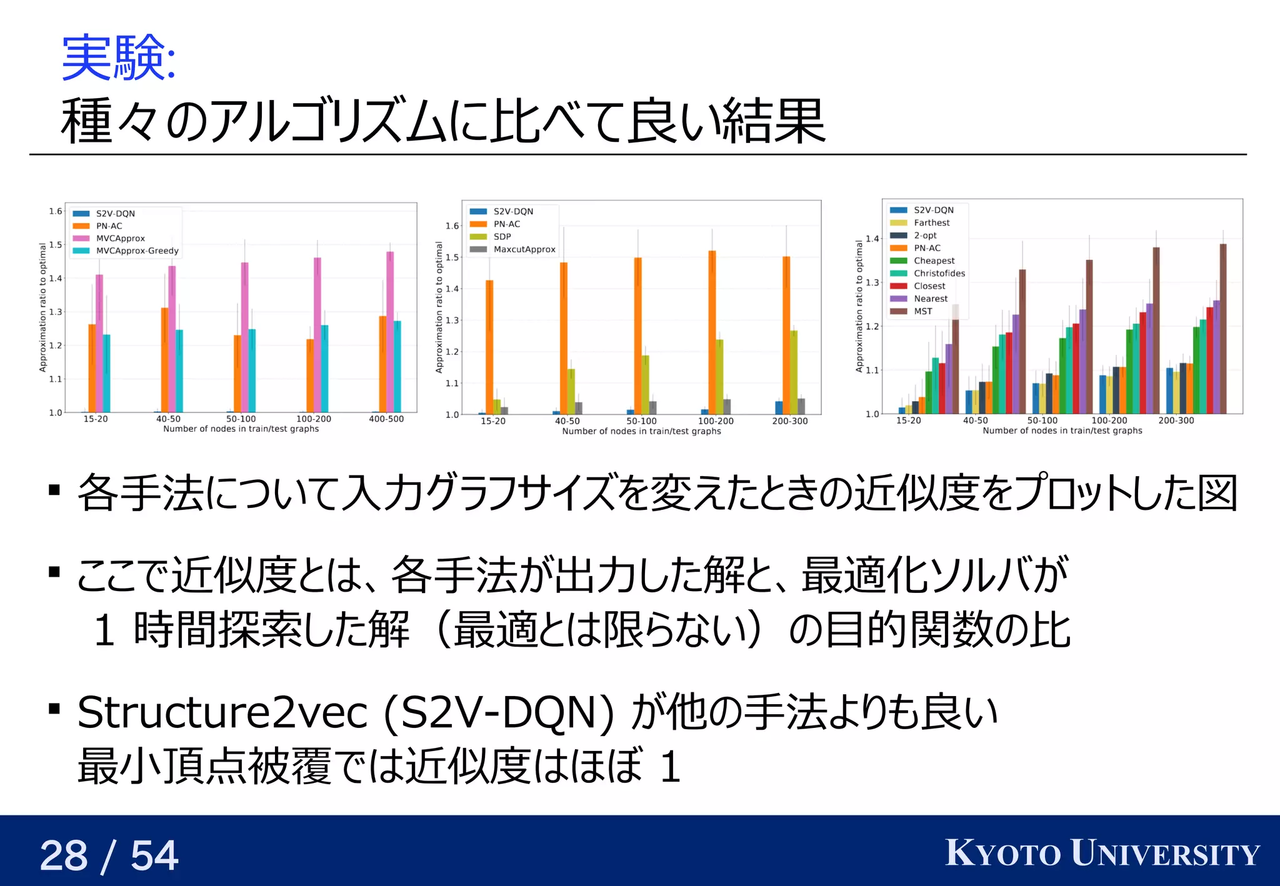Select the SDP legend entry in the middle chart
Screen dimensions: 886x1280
click(x=502, y=237)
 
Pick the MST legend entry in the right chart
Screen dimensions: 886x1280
click(x=922, y=311)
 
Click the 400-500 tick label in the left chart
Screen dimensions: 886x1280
click(x=386, y=419)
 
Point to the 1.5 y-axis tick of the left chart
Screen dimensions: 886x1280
click(x=56, y=244)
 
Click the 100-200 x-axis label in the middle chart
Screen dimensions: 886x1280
click(x=716, y=421)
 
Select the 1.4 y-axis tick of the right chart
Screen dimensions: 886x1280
click(x=872, y=239)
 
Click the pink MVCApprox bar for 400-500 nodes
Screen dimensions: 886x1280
click(x=390, y=331)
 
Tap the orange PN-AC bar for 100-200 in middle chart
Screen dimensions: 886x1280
click(x=712, y=331)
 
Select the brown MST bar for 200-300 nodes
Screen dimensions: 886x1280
click(x=1223, y=328)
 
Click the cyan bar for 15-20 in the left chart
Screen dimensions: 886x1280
click(x=106, y=373)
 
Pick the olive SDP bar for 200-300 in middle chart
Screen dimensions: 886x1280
click(x=794, y=372)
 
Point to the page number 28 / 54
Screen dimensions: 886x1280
click(x=109, y=855)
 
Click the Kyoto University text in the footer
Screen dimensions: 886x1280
click(x=1102, y=854)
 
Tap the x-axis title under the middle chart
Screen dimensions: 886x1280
click(x=641, y=431)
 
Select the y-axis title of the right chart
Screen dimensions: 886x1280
click(x=859, y=306)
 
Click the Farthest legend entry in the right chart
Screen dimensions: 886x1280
click(x=931, y=222)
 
